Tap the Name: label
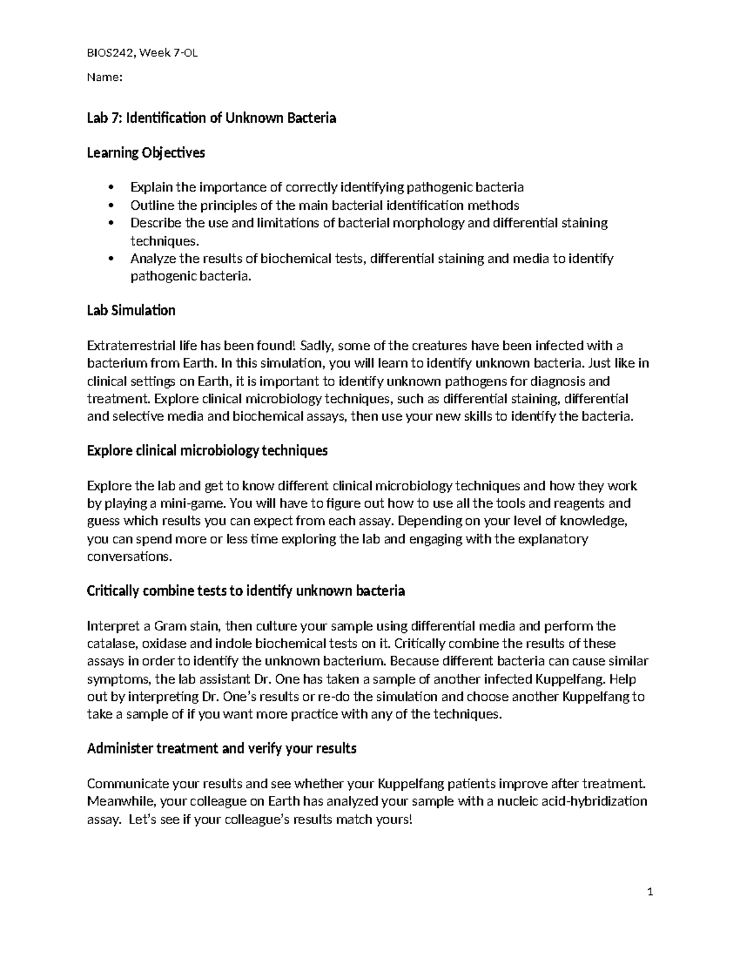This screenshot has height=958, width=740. pos(105,78)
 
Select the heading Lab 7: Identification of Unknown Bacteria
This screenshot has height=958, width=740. pos(212,118)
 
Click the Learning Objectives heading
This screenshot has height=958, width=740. pos(146,152)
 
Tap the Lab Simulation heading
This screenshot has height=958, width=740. pos(131,310)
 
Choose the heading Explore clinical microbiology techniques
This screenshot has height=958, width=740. pos(207,451)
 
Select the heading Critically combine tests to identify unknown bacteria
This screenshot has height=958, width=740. pos(245,591)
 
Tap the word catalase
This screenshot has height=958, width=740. pos(112,644)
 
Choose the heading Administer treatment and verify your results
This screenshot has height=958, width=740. pos(221,749)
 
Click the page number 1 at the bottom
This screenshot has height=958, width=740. pos(649,893)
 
